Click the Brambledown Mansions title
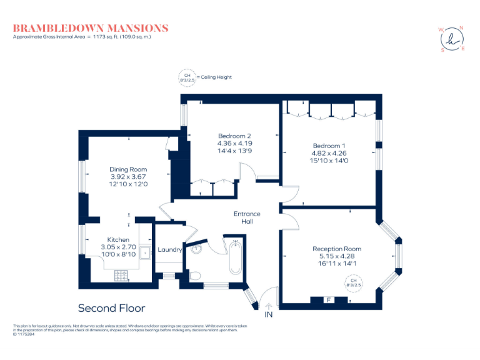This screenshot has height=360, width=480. [x=91, y=28]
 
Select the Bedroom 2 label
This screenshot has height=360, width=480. [x=234, y=136]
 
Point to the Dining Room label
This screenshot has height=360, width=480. [x=127, y=169]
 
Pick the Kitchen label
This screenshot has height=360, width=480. [x=118, y=239]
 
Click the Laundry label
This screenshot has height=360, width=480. [x=169, y=250]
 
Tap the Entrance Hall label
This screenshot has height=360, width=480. [x=247, y=217]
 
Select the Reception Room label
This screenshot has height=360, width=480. [x=337, y=249]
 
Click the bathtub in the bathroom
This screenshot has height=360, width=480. [x=236, y=256]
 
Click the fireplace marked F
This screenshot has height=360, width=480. [x=328, y=300]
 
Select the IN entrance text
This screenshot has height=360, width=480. [x=269, y=315]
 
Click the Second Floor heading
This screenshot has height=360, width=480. [x=111, y=308]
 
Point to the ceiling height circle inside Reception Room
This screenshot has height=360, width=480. [x=353, y=282]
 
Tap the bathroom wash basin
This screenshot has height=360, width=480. [x=197, y=249]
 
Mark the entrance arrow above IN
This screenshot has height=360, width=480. [x=269, y=306]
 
